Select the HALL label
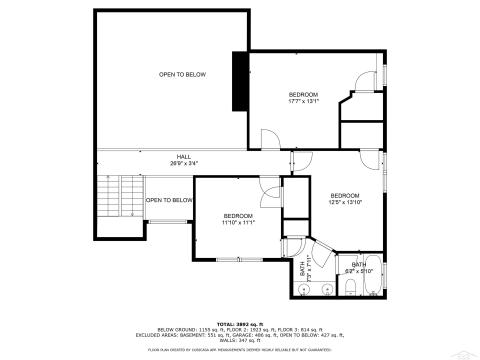pos(184,156)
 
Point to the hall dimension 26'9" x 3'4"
pos(184,163)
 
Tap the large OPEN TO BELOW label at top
pos(182,75)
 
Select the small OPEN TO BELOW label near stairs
pos(168,200)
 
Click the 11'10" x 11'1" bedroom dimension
pos(238,222)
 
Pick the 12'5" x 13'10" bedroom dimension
pos(344,202)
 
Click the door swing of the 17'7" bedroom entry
pos(267,139)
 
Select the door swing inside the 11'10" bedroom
pos(269,196)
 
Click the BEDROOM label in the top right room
pos(303,94)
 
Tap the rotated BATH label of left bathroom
pos(303,268)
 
